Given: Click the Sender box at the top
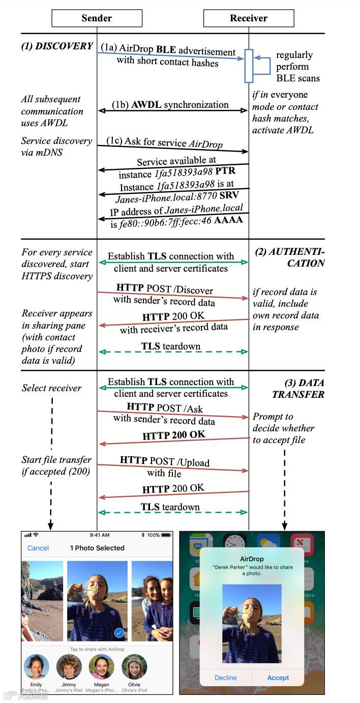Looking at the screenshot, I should pos(97,18).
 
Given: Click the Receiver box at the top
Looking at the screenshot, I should pos(249,18).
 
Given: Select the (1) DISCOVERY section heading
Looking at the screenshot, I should pos(57,46).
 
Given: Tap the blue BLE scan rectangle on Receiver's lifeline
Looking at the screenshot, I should pos(249,66).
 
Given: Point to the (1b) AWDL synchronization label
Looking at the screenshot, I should pos(171,105).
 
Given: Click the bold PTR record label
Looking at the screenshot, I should pos(225,171).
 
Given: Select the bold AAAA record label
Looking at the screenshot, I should pos(228,220).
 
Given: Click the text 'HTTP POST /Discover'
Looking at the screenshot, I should pos(164,289).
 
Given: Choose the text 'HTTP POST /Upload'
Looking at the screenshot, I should pos(164,461).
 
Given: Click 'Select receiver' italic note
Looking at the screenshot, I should pos(51,388).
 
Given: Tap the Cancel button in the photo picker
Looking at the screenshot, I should pos(38,548).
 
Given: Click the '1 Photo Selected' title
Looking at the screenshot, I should pos(97,548).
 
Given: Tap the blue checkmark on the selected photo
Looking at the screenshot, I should pos(119,633).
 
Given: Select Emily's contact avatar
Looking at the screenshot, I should pos(36,667).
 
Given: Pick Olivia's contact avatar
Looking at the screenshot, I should pos(134,667).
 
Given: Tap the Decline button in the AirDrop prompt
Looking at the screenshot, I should pos(226,678).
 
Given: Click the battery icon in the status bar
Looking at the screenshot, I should pos(167,535).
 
